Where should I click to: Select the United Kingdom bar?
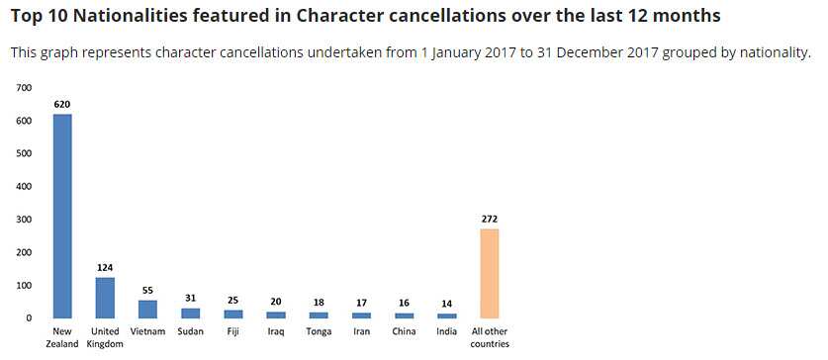tap(105, 297)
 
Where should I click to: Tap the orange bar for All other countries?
tap(490, 273)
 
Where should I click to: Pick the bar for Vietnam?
tap(147, 309)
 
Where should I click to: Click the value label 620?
tap(62, 104)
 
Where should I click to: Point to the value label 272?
tap(490, 218)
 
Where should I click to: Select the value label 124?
tap(105, 267)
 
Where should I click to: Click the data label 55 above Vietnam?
tap(147, 290)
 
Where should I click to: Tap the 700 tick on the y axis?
tap(24, 88)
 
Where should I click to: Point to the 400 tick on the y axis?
tap(24, 186)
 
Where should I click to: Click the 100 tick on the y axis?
tap(24, 285)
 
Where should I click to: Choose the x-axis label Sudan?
tap(190, 331)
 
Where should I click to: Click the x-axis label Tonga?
tap(319, 331)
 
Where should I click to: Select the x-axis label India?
tap(447, 331)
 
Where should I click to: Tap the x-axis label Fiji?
tap(232, 331)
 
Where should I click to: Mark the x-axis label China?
tap(404, 331)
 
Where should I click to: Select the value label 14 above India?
tap(447, 303)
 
